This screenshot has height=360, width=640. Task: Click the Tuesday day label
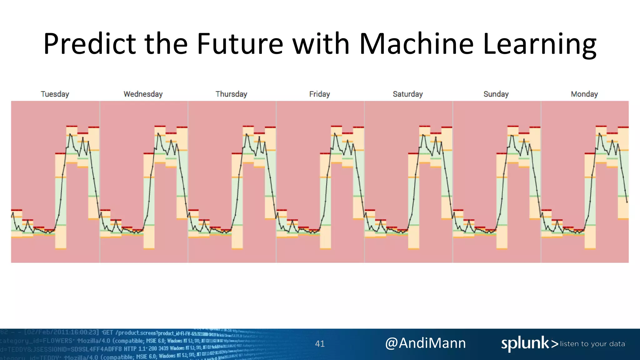click(55, 94)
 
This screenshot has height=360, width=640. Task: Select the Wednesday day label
click(143, 94)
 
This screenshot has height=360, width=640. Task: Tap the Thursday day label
click(231, 94)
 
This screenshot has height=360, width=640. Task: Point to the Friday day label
click(319, 94)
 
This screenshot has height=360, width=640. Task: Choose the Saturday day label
click(407, 94)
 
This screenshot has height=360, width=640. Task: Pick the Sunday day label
click(496, 94)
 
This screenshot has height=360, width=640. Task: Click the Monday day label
click(584, 94)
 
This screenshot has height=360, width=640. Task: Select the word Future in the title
click(240, 44)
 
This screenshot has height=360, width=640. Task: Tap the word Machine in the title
click(416, 44)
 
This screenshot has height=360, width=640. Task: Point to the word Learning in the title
click(540, 44)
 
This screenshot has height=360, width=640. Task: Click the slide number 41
click(320, 344)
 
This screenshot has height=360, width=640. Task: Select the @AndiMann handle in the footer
click(425, 343)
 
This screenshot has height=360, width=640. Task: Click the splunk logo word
click(525, 343)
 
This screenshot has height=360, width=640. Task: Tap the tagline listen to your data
click(592, 344)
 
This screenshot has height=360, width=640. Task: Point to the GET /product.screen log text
click(137, 333)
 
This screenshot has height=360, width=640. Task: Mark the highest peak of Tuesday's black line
click(70, 134)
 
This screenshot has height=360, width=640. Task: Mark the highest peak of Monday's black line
click(599, 134)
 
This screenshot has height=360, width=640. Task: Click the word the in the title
click(166, 44)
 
